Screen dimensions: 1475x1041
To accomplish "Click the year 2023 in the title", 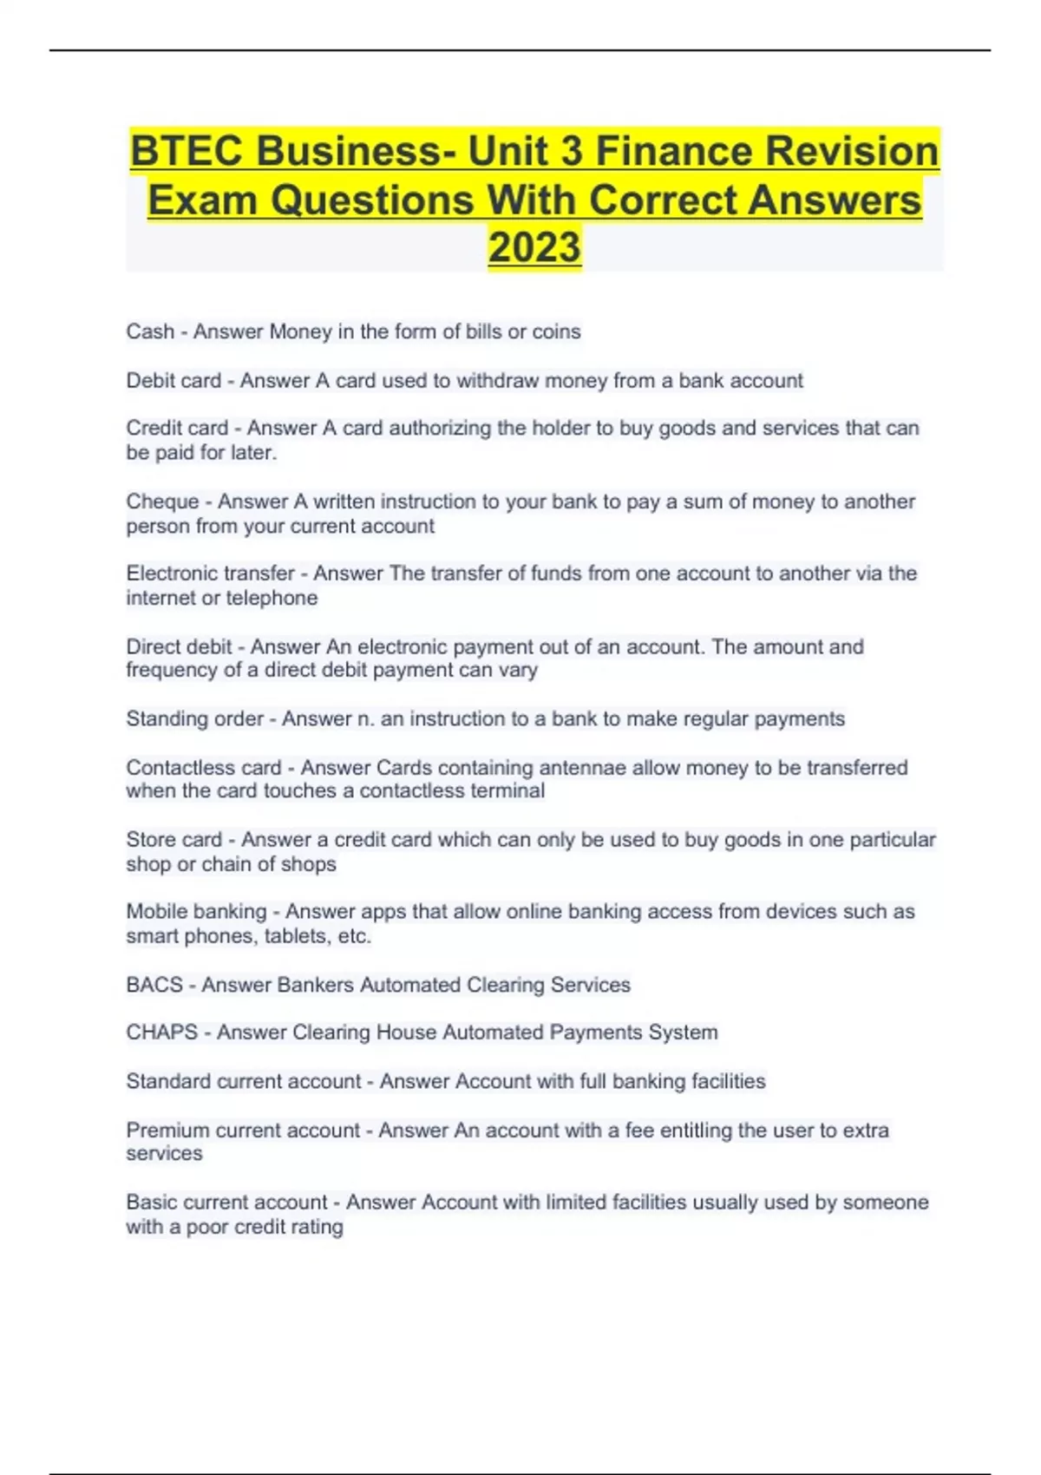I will click(534, 247).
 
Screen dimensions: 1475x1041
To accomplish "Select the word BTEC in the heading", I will click(187, 152).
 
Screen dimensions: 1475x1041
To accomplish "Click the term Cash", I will click(150, 331).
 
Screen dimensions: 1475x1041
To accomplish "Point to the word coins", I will click(556, 331).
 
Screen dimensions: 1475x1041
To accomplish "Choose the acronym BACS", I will click(154, 985).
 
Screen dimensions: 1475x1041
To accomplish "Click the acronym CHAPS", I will click(161, 1032).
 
